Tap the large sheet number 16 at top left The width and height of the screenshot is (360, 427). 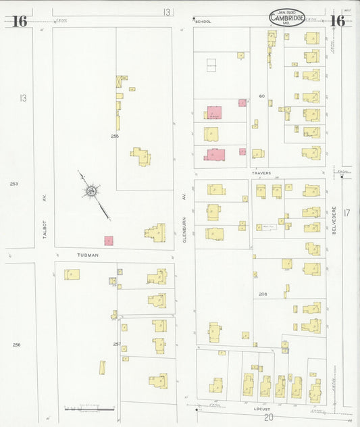(x=19, y=22)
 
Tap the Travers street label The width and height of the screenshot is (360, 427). (x=261, y=173)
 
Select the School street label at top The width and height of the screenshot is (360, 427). (x=203, y=22)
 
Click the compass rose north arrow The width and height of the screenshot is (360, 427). (x=90, y=192)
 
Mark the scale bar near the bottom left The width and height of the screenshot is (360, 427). (x=89, y=408)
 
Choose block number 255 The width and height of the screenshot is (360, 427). (x=115, y=136)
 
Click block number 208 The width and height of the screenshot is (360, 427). (x=262, y=294)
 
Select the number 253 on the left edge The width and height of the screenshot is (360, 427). (x=14, y=183)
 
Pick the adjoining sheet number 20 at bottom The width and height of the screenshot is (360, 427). (x=259, y=418)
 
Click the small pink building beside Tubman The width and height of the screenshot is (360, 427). (x=108, y=241)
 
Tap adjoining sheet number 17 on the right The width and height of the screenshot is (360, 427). (x=347, y=214)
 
